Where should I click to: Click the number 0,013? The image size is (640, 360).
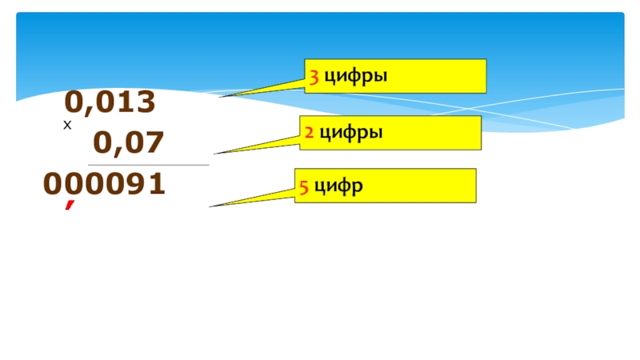coord(110,102)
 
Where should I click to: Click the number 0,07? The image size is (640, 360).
coord(129,143)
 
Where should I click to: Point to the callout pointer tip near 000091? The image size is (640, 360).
coord(211,206)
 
